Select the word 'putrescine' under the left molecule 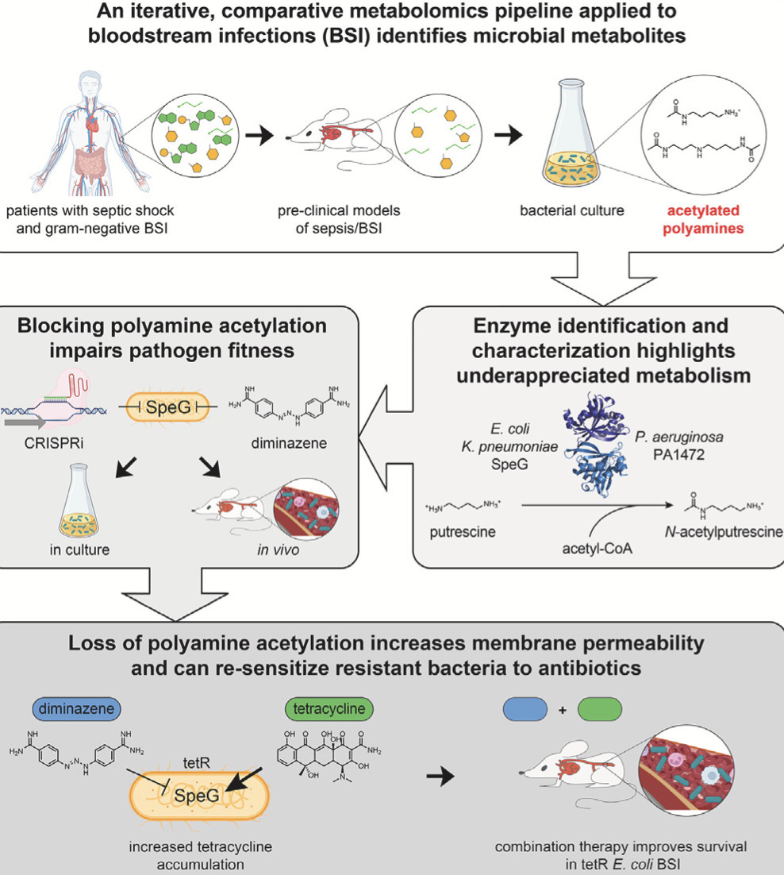point(467,531)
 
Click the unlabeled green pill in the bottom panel point(601,707)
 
